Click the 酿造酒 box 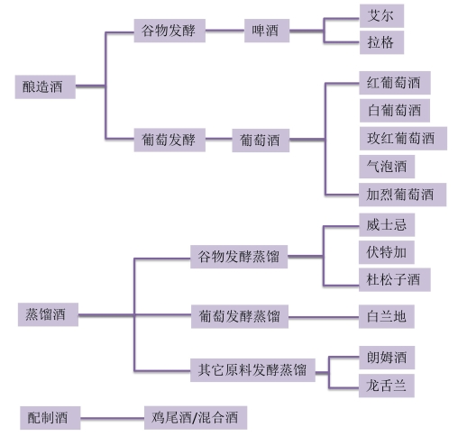pos(45,86)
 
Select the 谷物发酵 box pos(169,31)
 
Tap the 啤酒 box pos(267,31)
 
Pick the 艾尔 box pos(381,15)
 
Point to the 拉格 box pos(381,42)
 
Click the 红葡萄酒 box pos(395,83)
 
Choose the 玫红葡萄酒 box pos(403,139)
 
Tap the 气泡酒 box pos(387,167)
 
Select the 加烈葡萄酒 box pos(402,195)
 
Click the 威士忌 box pos(387,225)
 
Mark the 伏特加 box pos(387,252)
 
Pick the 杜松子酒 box pos(395,280)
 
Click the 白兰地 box pos(387,317)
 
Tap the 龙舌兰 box pos(387,386)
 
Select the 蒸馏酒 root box pos(48,314)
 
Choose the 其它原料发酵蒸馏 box pos(252,370)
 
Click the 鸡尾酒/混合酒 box pos(196,418)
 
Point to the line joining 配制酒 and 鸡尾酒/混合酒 pos(112,418)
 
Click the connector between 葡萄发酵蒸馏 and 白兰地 pos(324,317)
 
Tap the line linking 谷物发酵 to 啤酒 pos(224,31)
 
